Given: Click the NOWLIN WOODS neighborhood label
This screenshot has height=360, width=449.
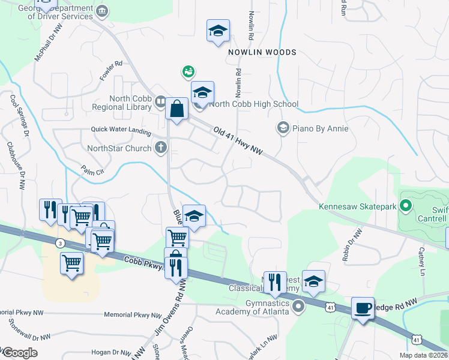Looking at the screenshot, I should coord(262,53).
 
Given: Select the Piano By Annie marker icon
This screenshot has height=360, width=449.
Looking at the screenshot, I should coord(282,128).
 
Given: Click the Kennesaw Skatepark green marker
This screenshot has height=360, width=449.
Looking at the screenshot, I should coord(406,207).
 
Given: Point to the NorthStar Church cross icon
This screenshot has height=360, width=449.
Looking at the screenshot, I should coord(160,147).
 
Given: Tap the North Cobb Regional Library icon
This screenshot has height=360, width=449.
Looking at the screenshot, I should coord(160,102).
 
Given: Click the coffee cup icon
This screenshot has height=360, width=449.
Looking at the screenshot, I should coord(362,308).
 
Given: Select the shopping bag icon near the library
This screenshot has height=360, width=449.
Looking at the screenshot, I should coord(177,109).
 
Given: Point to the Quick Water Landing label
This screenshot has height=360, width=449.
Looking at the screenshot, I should coord(121,129).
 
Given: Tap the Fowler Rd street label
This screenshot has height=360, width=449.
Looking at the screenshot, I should coord(111,70).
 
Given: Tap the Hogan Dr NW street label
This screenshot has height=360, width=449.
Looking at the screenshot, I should coord(111,353).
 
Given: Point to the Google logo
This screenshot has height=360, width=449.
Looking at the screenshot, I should coord(19,353).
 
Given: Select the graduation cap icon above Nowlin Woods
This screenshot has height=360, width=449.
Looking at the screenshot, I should coord(218,31).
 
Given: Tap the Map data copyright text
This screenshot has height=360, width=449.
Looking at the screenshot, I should coord(424,355).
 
